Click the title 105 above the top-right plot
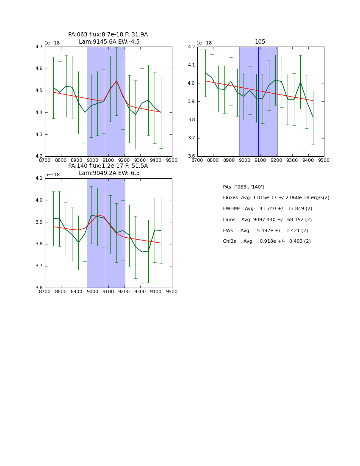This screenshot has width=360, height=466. coord(260,42)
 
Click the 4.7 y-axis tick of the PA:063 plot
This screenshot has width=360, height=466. coord(39,47)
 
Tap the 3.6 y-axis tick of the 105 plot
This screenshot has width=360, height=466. coord(191,156)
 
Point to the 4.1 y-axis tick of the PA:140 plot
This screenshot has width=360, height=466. coord(39,178)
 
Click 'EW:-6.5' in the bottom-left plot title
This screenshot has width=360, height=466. coord(129,173)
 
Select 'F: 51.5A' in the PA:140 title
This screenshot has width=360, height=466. coord(136,166)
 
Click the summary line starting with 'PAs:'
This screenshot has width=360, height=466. coord(243,187)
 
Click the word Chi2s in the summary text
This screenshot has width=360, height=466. coord(230,241)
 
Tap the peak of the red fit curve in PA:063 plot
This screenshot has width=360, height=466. coord(116,81)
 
